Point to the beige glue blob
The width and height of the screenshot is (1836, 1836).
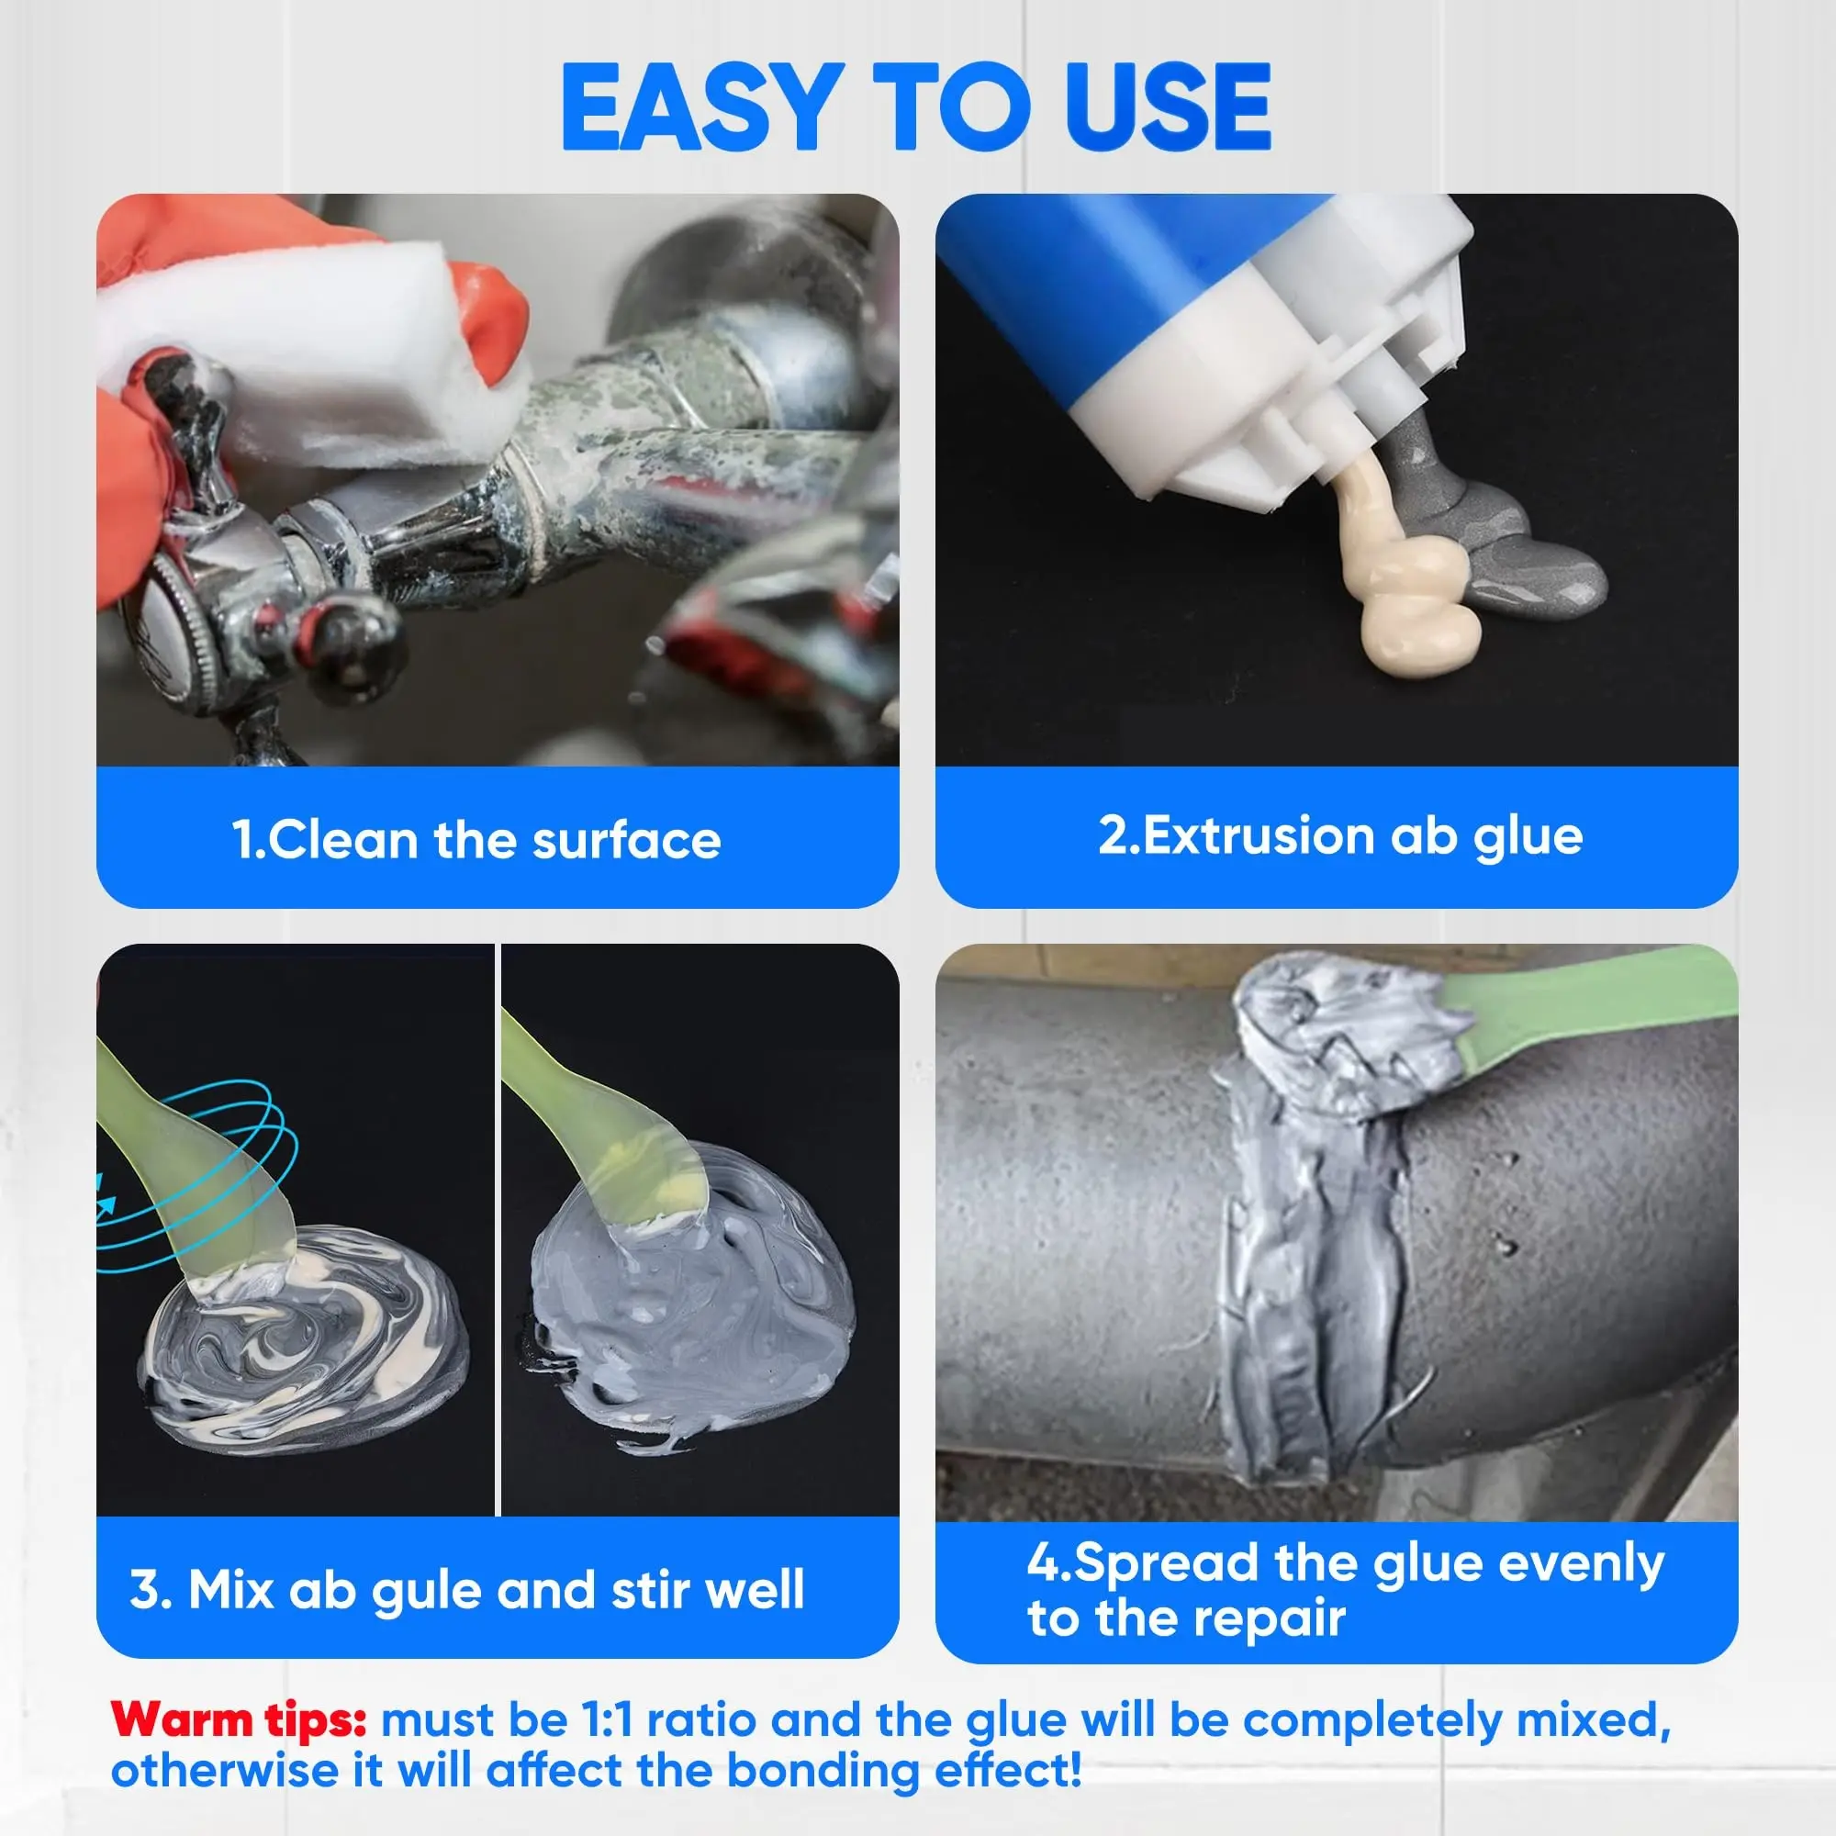click(x=1406, y=570)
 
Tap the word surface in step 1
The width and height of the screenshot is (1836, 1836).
click(x=626, y=840)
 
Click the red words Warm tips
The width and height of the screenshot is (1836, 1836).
click(x=239, y=1720)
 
